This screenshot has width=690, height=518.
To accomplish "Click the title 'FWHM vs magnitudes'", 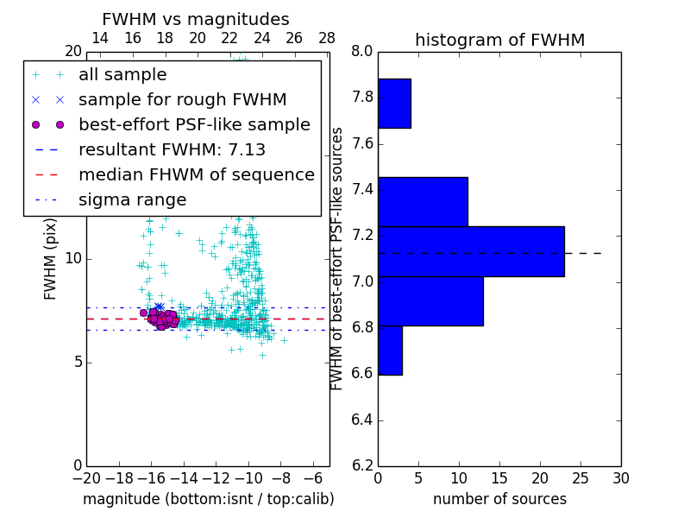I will pos(196,20).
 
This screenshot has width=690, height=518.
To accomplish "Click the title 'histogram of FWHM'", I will pos(499,40).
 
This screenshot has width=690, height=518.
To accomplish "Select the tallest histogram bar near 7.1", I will pos(471,251).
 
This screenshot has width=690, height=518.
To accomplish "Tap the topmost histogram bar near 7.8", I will pos(394,104).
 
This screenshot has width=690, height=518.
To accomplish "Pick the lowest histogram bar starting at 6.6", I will pos(390,351).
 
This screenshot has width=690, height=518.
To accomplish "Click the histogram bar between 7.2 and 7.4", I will pos(423,201).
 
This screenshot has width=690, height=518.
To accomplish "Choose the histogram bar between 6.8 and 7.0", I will pos(430,301).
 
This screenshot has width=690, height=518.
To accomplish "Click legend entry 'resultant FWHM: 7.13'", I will pos(172,149).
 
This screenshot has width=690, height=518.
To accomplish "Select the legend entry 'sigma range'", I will pos(132,200).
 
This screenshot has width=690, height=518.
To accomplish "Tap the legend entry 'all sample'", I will pos(122,75).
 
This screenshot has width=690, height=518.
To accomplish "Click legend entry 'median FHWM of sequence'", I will pos(196,175).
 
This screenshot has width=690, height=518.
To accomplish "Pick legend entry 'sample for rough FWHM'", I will pos(182,99).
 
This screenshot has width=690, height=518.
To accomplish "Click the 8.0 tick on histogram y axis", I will pos(362,52).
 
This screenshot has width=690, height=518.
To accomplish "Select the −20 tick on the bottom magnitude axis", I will pos(86,478).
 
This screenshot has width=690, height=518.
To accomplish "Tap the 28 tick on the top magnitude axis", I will pos(327,38).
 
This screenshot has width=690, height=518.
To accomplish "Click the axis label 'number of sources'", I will pos(499,499).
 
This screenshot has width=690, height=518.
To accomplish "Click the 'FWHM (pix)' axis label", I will pos(51,258).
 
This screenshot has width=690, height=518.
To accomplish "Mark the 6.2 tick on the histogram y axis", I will pos(362,466).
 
